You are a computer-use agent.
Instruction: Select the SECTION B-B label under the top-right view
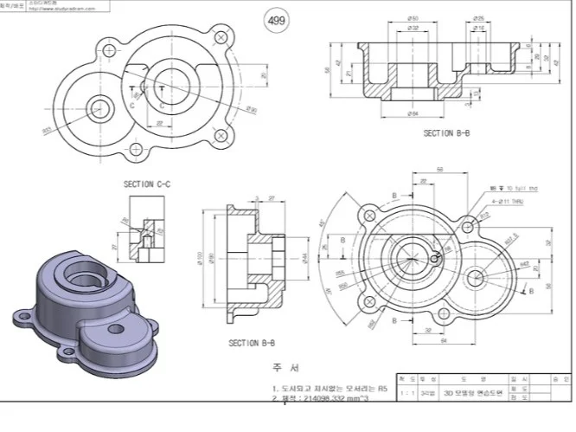point(446,132)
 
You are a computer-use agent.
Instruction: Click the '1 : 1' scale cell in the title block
point(406,392)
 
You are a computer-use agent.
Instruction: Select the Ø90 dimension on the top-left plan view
point(253,109)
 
